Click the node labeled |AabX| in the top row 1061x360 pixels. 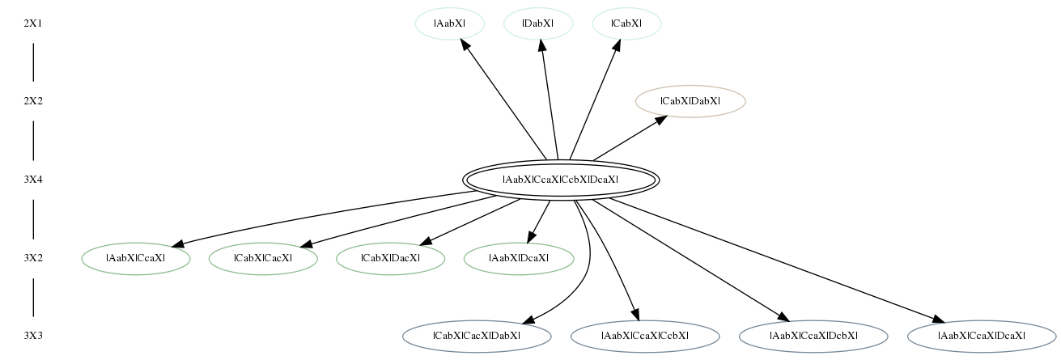click(450, 23)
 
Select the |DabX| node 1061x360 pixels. click(538, 23)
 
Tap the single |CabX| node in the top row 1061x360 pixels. click(626, 23)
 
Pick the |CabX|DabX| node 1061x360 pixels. click(690, 101)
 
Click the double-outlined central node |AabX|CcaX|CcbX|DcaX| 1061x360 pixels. click(561, 180)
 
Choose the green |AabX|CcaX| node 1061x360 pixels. click(136, 258)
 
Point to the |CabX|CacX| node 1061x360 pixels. click(263, 258)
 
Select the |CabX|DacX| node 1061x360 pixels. click(390, 258)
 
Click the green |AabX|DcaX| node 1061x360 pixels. click(519, 258)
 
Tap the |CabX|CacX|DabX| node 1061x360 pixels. click(477, 336)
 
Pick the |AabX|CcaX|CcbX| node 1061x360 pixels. click(645, 336)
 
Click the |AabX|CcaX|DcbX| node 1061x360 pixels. click(813, 336)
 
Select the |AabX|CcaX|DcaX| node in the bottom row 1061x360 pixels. click(982, 336)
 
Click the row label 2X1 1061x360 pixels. click(33, 23)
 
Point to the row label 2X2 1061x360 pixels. click(33, 101)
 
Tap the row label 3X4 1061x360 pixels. click(33, 180)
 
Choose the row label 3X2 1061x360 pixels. click(33, 258)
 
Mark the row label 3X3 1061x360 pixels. click(33, 336)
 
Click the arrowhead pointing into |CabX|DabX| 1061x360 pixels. click(660, 121)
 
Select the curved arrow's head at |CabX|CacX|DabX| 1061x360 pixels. click(529, 320)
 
